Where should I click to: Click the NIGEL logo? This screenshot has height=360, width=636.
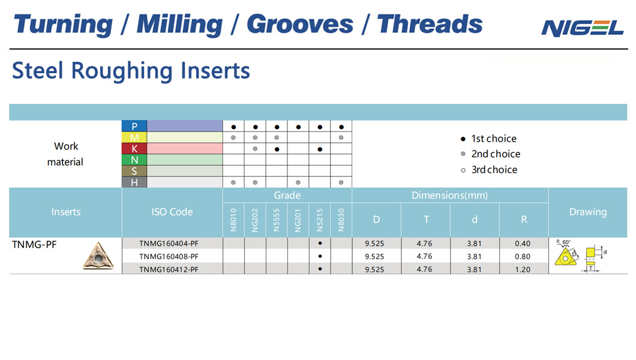[x=582, y=28]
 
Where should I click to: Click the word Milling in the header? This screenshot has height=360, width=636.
[x=179, y=25]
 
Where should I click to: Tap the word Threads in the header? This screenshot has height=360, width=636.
[x=430, y=24]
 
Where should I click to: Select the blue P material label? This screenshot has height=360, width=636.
[x=134, y=126]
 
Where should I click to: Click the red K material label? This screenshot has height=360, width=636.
[x=134, y=149]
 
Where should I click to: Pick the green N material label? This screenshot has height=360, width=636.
[x=134, y=160]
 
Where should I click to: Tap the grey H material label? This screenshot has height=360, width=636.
[x=134, y=182]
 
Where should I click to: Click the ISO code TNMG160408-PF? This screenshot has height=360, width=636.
[x=169, y=257]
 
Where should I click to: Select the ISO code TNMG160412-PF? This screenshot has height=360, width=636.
[x=169, y=269]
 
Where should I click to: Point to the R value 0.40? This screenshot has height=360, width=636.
[x=523, y=244]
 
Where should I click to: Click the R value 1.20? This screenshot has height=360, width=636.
[x=523, y=269]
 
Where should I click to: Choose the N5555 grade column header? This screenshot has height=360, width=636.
[x=277, y=220]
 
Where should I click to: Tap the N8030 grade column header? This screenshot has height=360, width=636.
[x=341, y=220]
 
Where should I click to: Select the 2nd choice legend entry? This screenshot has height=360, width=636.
[x=490, y=154]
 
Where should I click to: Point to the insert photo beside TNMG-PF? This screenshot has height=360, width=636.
[x=98, y=256]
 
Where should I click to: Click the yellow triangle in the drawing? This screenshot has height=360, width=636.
[x=565, y=257]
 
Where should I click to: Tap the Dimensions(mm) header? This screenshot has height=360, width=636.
[x=450, y=196]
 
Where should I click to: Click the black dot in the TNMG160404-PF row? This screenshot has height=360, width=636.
[x=320, y=243]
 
